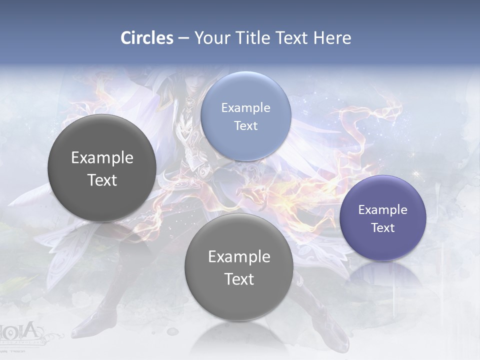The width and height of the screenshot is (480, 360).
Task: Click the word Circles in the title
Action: click(146, 38)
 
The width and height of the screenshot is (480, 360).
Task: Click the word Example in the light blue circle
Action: click(245, 108)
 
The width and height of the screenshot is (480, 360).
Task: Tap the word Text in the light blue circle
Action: click(245, 126)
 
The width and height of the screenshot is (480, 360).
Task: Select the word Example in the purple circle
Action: click(382, 210)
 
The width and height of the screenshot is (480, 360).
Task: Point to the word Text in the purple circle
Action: click(382, 228)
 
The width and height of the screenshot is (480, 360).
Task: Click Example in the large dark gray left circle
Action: click(102, 158)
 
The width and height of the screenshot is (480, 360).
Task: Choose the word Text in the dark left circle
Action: click(102, 180)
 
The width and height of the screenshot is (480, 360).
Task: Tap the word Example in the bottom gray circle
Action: click(239, 257)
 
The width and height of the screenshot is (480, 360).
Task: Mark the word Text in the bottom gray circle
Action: click(239, 279)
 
